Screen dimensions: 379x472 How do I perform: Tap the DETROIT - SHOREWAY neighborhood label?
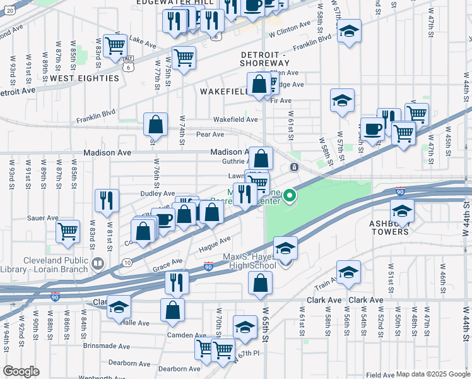click(264, 59)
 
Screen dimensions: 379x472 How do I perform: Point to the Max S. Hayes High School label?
click(249, 262)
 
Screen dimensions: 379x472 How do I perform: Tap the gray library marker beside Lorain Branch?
click(97, 263)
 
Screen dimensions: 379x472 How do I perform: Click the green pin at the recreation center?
click(290, 196)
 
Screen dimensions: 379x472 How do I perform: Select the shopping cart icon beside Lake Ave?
click(115, 45)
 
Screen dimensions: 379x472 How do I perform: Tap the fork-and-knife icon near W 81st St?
click(106, 200)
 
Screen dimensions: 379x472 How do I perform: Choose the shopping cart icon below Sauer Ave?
click(68, 231)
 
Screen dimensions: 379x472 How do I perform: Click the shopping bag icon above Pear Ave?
click(155, 124)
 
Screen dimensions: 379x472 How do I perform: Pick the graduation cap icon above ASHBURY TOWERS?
click(401, 210)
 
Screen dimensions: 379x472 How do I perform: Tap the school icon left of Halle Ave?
click(118, 307)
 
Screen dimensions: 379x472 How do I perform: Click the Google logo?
click(21, 371)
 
